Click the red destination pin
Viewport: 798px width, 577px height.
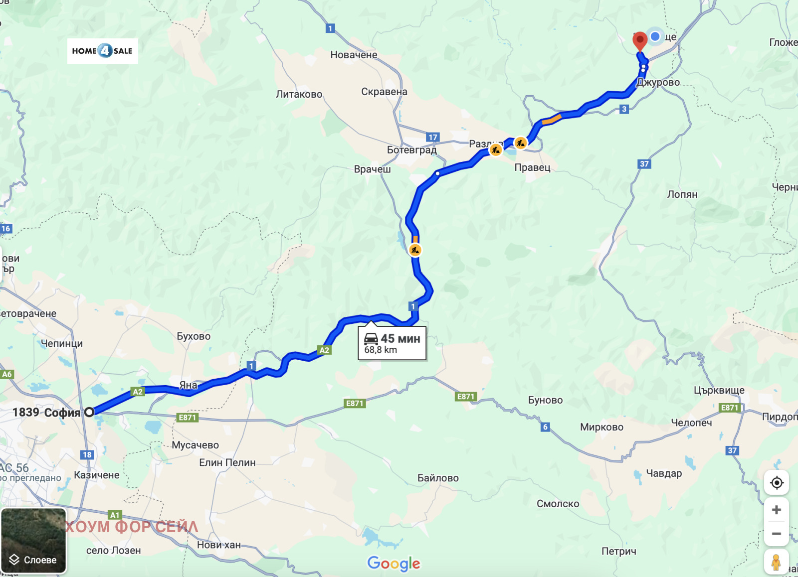(x=640, y=40)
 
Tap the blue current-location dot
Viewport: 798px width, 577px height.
(x=655, y=36)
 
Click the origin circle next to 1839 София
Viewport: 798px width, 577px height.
(x=89, y=412)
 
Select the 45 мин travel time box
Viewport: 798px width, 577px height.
(x=392, y=343)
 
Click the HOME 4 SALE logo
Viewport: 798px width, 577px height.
(x=103, y=51)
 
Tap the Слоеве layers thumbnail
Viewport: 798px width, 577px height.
(x=34, y=541)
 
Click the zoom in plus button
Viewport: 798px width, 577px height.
(x=777, y=510)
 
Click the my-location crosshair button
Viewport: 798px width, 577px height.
(x=777, y=482)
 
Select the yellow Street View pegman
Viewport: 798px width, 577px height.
(x=776, y=562)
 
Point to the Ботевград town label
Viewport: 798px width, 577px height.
(x=411, y=150)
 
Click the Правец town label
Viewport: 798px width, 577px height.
(x=532, y=167)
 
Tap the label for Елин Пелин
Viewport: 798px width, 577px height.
(x=227, y=462)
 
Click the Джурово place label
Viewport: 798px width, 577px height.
(x=658, y=83)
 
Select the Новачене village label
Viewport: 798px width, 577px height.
(x=354, y=55)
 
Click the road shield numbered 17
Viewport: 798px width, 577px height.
(x=432, y=137)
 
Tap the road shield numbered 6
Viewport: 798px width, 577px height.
(x=545, y=427)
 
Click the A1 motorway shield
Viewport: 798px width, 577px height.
(x=115, y=515)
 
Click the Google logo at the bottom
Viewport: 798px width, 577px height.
(x=394, y=563)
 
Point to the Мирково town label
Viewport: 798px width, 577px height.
(x=601, y=427)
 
